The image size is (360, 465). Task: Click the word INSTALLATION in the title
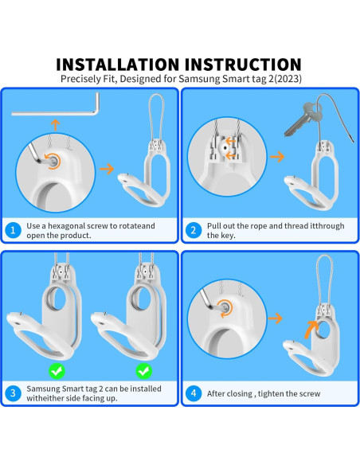(117, 64)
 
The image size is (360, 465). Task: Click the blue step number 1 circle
(13, 230)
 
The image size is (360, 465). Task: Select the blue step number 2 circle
(194, 230)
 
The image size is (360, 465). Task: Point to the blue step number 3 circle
(13, 393)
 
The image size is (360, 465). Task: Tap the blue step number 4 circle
(194, 393)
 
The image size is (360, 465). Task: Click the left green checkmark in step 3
(57, 371)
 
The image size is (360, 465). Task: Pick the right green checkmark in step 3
(144, 371)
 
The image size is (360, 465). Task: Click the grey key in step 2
(300, 119)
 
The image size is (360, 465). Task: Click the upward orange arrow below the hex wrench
(55, 125)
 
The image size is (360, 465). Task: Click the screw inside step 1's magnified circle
(53, 161)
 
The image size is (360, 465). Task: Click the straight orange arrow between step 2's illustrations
(276, 157)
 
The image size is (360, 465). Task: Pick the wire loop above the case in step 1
(155, 117)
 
